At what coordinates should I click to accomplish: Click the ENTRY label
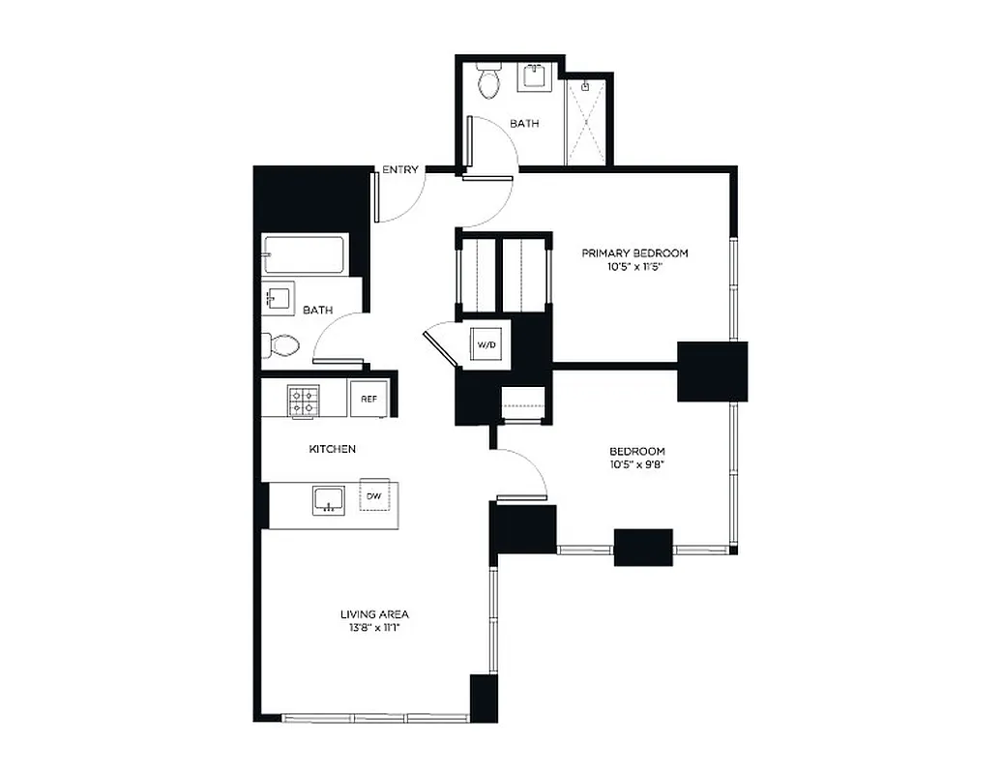[400, 170]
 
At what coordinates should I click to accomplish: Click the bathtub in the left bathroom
[303, 255]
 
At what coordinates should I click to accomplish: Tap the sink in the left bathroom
[279, 299]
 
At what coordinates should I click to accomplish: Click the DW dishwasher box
[373, 495]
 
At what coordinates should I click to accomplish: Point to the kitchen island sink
[329, 500]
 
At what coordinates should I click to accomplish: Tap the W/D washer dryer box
[484, 342]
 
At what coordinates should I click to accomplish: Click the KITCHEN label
[333, 449]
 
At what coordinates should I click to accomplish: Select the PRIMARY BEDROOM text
[634, 253]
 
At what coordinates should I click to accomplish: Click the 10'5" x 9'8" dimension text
[636, 465]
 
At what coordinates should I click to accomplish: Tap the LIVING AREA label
[374, 613]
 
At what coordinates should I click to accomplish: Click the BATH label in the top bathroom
[524, 124]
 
